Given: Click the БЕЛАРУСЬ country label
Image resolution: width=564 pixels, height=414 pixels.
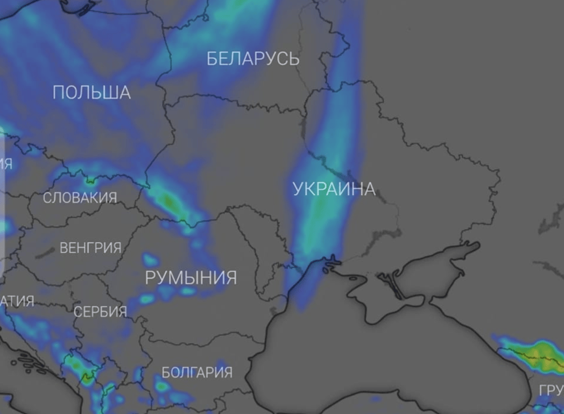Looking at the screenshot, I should tap(253, 58).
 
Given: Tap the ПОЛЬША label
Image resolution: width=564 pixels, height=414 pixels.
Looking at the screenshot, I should tap(91, 92).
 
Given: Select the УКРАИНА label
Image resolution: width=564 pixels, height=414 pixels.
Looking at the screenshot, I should tap(334, 189).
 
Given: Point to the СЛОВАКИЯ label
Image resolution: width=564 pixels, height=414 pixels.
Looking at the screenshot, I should tap(80, 198).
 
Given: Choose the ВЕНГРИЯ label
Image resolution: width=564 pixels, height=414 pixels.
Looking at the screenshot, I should tap(90, 248).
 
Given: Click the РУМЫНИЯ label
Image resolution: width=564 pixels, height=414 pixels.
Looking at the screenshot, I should tap(191, 278).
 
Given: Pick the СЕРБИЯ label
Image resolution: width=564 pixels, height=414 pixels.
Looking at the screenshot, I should tap(100, 311).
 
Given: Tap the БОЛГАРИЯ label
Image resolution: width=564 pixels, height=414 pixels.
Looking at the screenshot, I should tap(197, 372).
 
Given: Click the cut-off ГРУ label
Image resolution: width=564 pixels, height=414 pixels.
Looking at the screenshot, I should tap(550, 390).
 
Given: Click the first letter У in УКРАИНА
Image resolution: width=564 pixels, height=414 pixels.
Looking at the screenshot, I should tap(298, 189).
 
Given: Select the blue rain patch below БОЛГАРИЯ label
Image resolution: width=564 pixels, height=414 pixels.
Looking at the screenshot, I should tap(161, 386).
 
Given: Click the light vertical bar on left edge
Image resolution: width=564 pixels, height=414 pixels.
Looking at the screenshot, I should tap(3, 205).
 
